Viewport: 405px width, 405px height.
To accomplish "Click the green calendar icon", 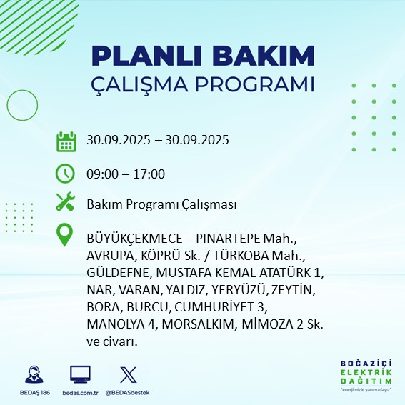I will click(x=66, y=141).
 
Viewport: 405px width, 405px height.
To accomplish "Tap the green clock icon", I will click(x=66, y=173).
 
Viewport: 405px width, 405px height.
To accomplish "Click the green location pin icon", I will click(x=66, y=236).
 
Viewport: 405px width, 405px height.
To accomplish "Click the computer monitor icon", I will click(x=79, y=374).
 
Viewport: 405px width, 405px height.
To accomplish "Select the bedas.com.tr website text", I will click(x=79, y=393).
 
